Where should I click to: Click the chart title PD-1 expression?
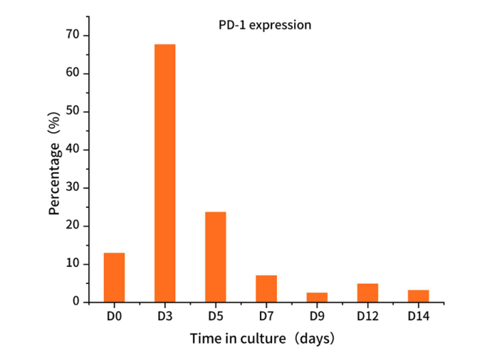264,25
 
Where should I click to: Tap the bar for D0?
114,277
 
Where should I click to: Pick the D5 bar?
215,257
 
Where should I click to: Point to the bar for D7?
266,288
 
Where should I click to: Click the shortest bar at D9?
317,297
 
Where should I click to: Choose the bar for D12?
367,292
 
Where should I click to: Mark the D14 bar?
418,295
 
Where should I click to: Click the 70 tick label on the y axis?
71,35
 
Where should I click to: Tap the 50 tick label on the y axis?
71,112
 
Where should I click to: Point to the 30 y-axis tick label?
71,188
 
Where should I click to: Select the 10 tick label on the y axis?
71,264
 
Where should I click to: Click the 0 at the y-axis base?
75,302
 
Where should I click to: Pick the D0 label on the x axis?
114,314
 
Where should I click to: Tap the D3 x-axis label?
164,314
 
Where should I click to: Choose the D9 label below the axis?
317,314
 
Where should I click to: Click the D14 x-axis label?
418,314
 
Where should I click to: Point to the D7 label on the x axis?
266,314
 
